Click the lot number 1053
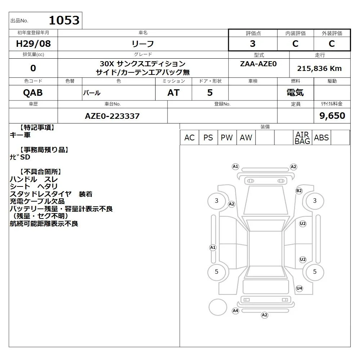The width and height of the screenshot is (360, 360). pos(64,20)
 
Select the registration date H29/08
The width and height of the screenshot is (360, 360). pos(33,44)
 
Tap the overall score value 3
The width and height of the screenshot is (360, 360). pos(253,44)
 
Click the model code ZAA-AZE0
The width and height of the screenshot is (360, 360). pos(258,64)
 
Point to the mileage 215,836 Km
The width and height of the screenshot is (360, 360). pos(319,68)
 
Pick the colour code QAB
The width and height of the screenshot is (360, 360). pos(33,93)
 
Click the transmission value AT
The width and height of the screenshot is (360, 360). pos(174,93)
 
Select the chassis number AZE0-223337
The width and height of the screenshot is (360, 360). pos(112,116)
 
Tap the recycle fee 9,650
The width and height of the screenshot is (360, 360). pos(332,116)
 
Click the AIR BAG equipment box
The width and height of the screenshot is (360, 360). pos(302,138)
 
